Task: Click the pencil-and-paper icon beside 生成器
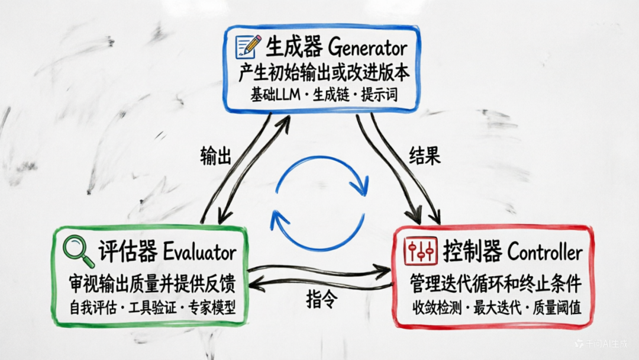point(248,46)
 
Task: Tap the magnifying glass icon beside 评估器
point(79,252)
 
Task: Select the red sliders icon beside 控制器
point(420,251)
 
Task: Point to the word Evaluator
point(200,253)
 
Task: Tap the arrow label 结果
point(425,156)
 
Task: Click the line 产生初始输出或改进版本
point(324,73)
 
